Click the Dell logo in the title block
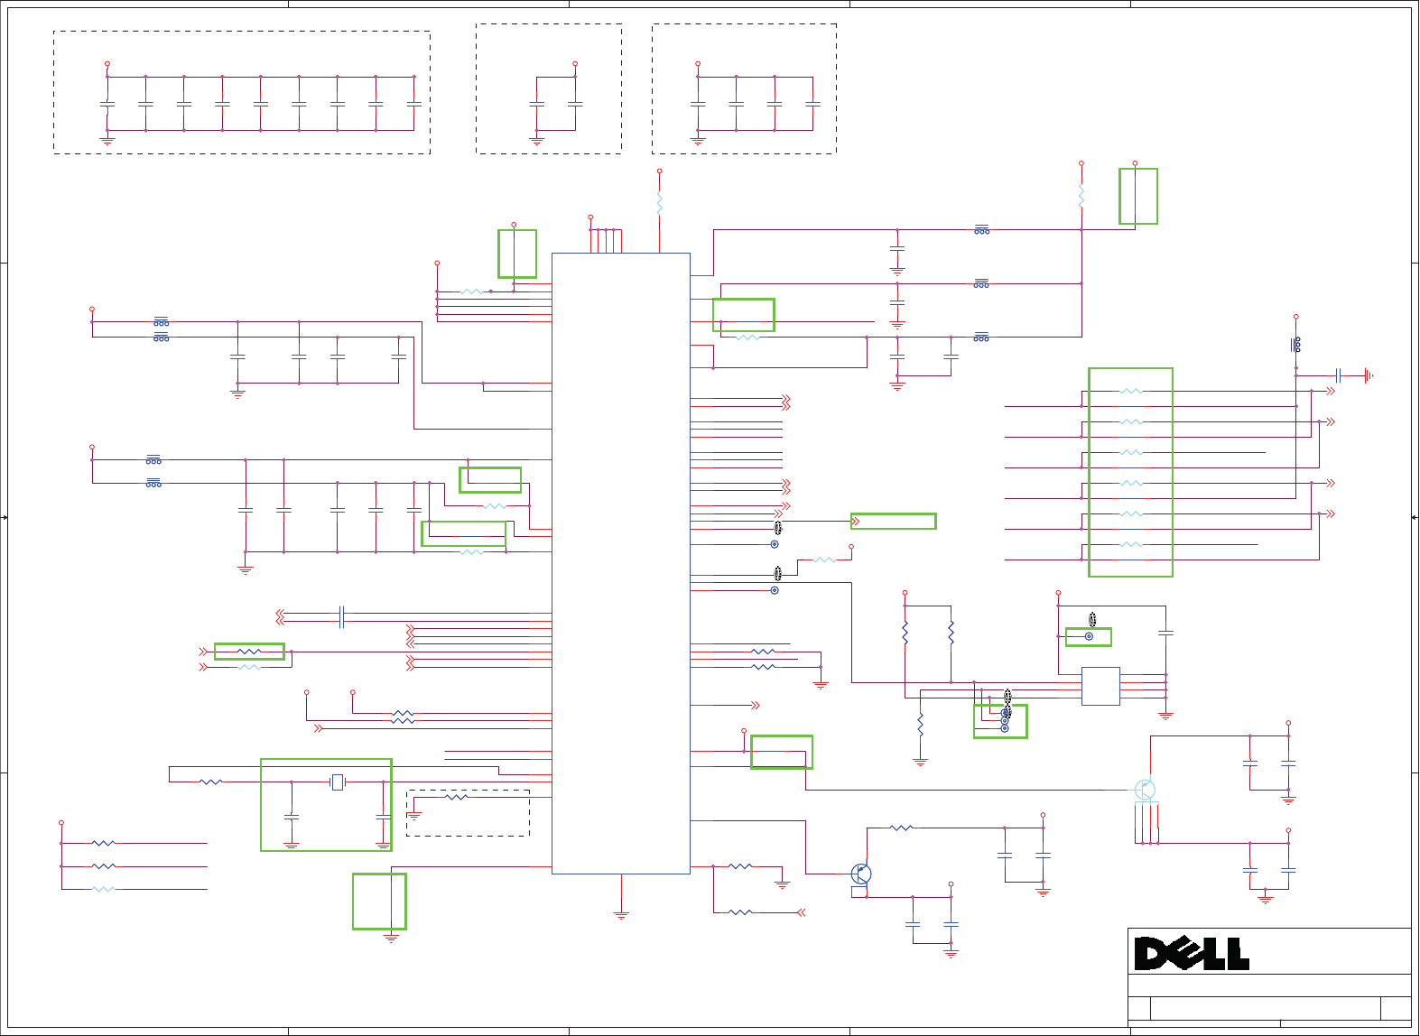click(1192, 953)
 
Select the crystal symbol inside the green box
click(338, 782)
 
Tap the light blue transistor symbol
click(1144, 791)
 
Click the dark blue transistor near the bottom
click(861, 874)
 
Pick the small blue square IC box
click(1100, 686)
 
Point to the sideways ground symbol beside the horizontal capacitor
click(1369, 375)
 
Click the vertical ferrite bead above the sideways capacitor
click(1296, 345)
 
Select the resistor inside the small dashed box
click(457, 797)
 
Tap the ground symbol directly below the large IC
click(621, 915)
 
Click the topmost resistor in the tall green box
click(1131, 392)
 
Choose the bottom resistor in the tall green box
click(1131, 545)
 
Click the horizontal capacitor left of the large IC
click(341, 617)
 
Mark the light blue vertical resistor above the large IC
click(660, 203)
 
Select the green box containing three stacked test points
click(1000, 721)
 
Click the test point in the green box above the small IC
click(1089, 636)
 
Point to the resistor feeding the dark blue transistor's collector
click(901, 828)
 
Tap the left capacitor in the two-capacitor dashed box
click(537, 105)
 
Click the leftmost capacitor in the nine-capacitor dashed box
click(107, 105)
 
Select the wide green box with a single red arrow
click(893, 521)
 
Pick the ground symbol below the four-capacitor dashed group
click(698, 141)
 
